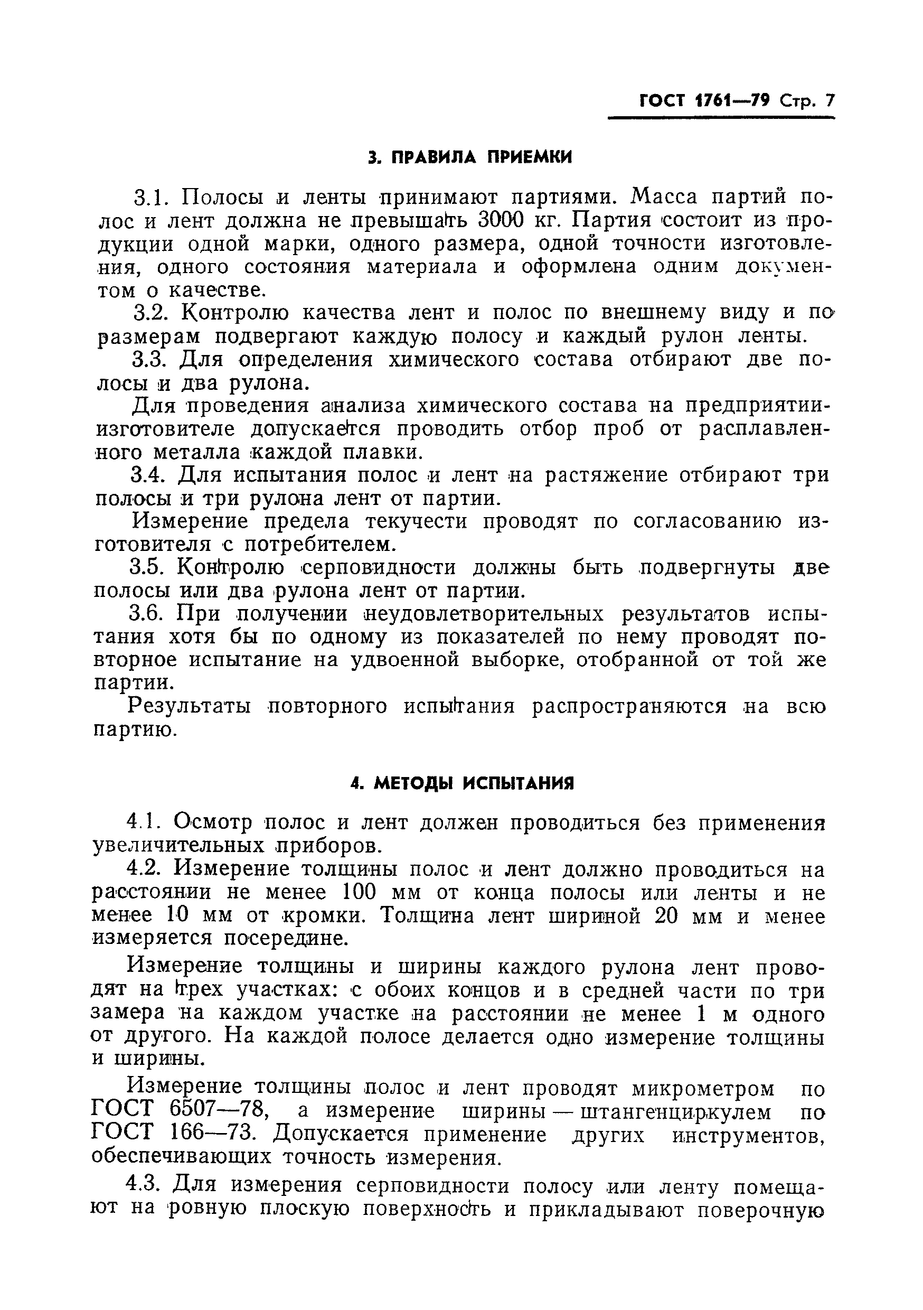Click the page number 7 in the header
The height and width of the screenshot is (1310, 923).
(829, 101)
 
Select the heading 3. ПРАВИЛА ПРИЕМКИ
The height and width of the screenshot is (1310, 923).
(469, 157)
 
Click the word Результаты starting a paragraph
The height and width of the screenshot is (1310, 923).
(190, 707)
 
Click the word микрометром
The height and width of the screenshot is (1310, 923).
(703, 1088)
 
